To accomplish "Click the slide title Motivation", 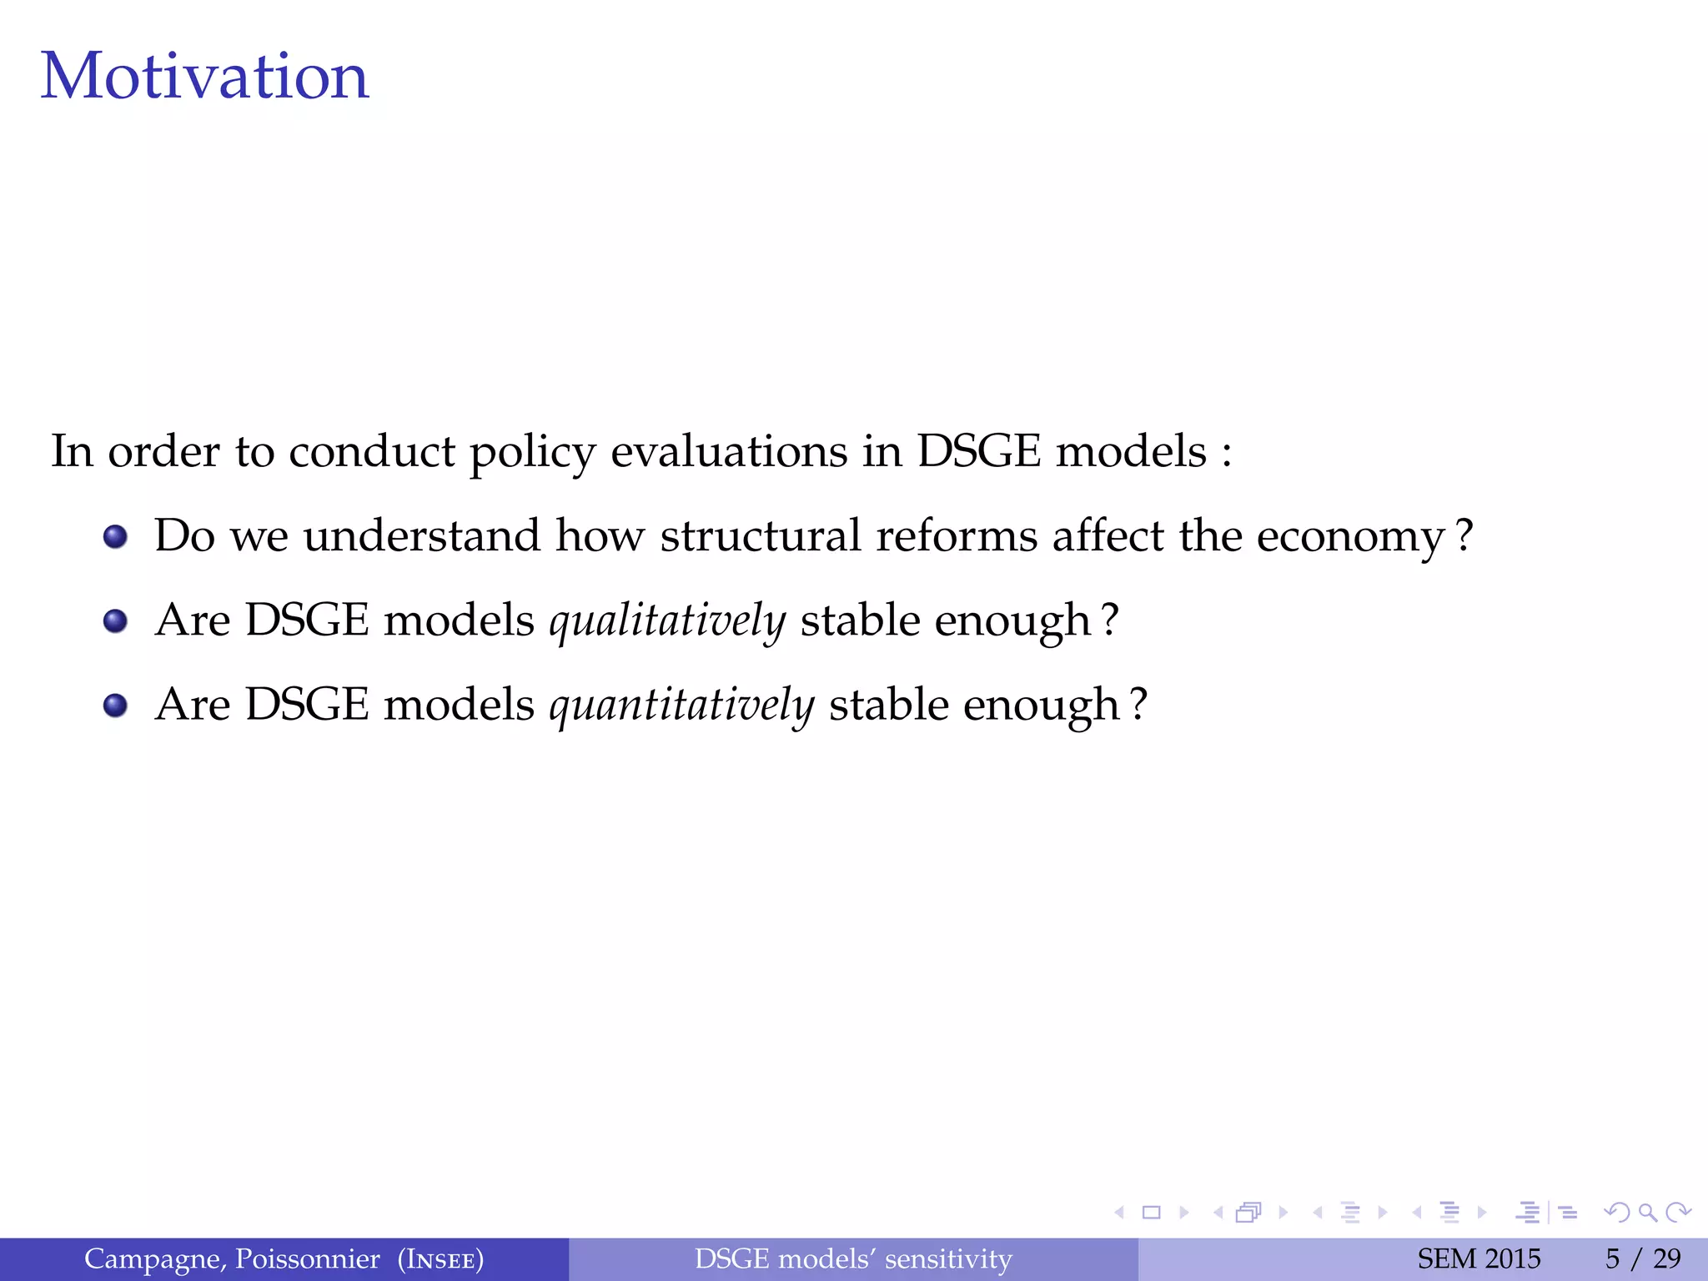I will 204,76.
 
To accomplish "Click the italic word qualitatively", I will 667,620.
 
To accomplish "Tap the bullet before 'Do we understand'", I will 115,536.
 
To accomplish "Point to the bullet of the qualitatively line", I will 115,620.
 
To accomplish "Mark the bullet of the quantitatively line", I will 115,706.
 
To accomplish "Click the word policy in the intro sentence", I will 532,453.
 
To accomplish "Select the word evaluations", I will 729,451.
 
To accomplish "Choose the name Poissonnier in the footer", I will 307,1258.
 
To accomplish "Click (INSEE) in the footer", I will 440,1259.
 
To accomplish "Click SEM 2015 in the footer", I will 1479,1258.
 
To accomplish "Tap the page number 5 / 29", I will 1643,1258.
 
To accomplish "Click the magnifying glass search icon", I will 1647,1212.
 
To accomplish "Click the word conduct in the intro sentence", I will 371,451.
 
